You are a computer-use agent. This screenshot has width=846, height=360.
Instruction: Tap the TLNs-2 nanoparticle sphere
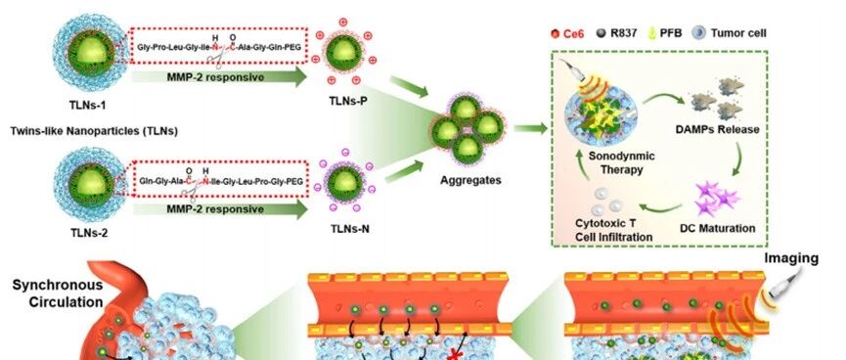coord(91,184)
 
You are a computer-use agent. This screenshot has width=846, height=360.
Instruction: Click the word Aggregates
coord(470,180)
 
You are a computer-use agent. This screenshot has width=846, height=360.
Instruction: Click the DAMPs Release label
coord(717,129)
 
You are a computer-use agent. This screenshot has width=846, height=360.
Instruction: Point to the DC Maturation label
coord(718,228)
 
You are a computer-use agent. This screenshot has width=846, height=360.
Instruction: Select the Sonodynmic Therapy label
coord(614,162)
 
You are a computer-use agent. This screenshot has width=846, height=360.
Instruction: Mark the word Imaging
coord(791,259)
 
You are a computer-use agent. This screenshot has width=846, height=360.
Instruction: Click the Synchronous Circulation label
coord(57,293)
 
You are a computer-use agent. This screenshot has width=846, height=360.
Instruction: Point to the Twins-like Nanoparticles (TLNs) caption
coord(94,131)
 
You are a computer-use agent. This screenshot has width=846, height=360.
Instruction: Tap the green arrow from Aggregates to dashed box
coord(530,128)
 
